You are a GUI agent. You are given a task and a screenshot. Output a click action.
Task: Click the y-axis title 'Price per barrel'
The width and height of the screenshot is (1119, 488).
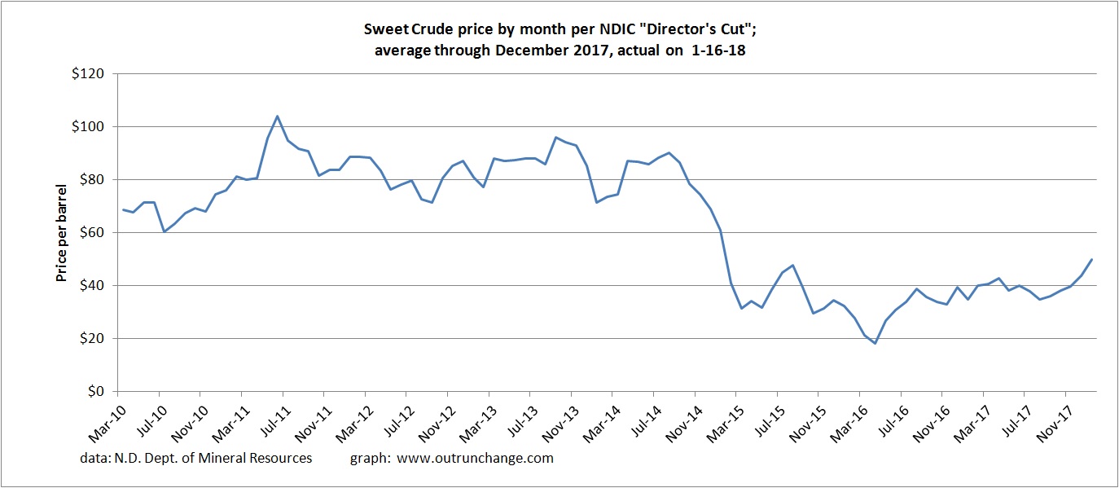point(62,232)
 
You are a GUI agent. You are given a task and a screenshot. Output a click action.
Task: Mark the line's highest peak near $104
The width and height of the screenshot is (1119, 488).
point(277,116)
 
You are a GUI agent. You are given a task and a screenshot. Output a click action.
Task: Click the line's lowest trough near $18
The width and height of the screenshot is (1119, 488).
point(875,343)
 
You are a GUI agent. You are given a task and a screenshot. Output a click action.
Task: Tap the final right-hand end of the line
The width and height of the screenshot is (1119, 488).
point(1091,260)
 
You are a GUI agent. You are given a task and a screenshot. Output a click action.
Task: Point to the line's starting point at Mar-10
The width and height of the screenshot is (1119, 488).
point(122,209)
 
